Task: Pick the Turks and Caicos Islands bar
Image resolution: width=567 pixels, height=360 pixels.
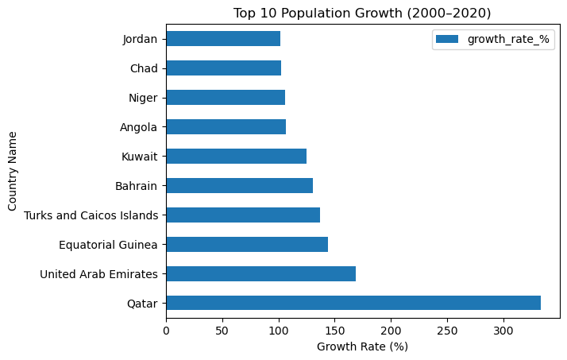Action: tap(243, 215)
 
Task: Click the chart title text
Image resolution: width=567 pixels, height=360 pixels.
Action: tap(362, 13)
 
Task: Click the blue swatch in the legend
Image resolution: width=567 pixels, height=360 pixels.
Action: tap(446, 40)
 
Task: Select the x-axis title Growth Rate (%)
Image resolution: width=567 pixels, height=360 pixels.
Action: tap(362, 346)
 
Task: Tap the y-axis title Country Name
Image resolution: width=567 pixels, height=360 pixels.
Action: tap(13, 171)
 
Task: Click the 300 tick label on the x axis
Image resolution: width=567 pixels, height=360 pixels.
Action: tap(504, 329)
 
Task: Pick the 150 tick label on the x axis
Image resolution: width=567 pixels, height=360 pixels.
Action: tap(335, 329)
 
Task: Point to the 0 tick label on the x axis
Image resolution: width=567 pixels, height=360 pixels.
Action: tap(166, 329)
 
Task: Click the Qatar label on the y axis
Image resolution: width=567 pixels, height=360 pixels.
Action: tap(142, 303)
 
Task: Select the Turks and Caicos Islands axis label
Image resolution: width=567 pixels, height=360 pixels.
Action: tap(91, 215)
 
